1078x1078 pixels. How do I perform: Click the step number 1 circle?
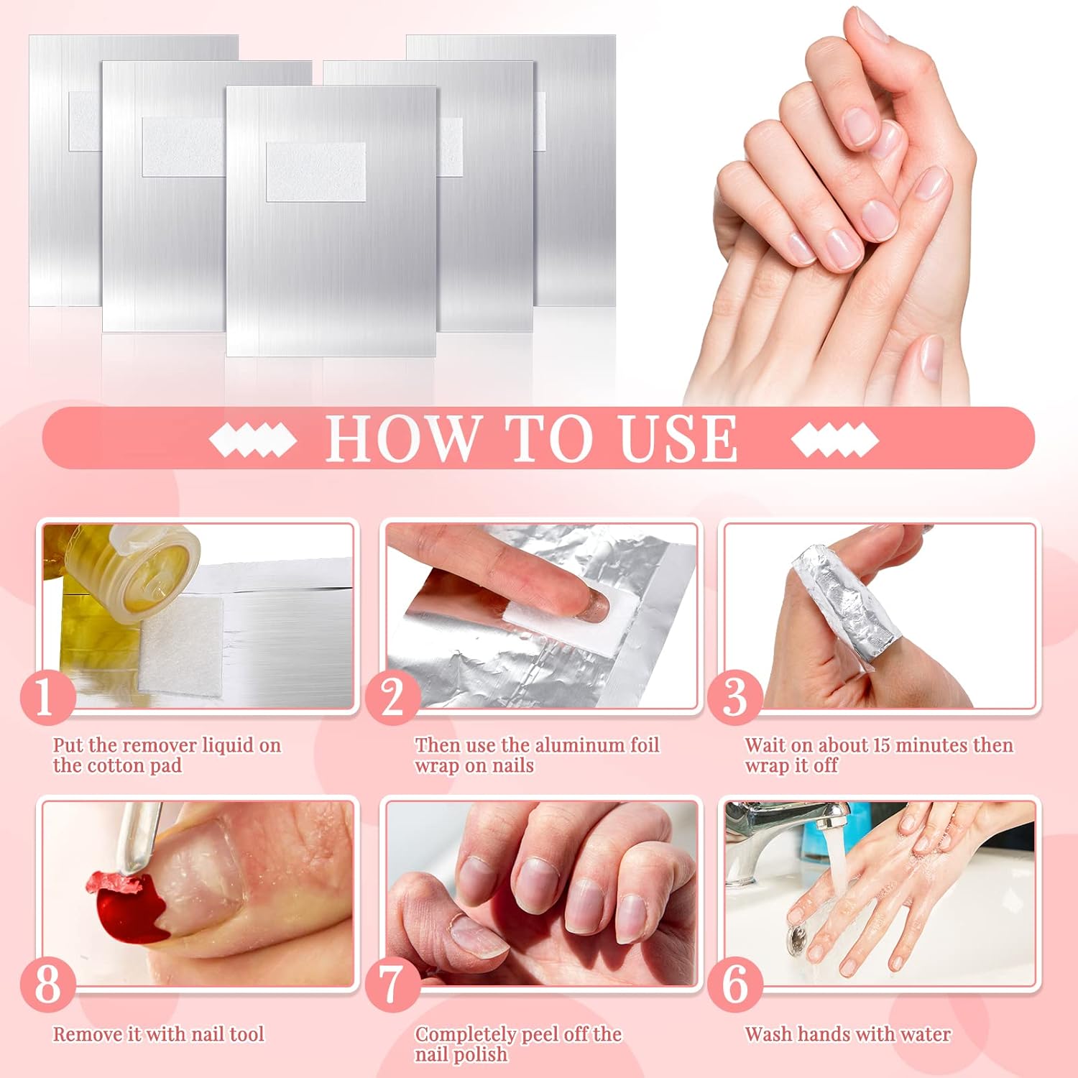(x=47, y=696)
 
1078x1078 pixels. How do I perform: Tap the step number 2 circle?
(x=392, y=696)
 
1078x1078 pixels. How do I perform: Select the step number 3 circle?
(x=734, y=696)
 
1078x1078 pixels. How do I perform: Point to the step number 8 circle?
(x=47, y=984)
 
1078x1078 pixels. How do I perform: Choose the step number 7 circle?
(x=392, y=984)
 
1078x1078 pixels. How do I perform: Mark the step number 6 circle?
(x=734, y=984)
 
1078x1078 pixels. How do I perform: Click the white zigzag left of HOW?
(x=253, y=439)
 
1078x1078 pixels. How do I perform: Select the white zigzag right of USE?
(x=834, y=439)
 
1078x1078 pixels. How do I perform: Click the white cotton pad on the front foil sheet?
(x=315, y=172)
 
